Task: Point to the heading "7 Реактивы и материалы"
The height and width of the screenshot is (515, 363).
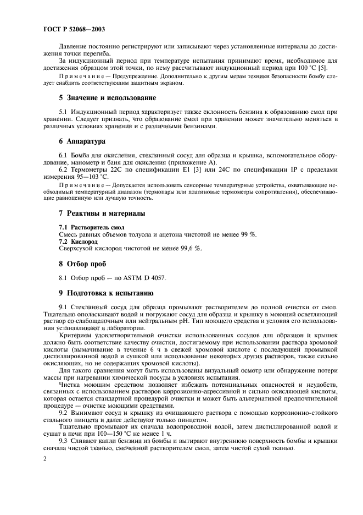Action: (x=93, y=213)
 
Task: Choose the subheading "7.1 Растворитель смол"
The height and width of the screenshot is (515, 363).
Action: (x=83, y=227)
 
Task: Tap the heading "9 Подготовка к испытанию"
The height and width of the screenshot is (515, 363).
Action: (x=98, y=292)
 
